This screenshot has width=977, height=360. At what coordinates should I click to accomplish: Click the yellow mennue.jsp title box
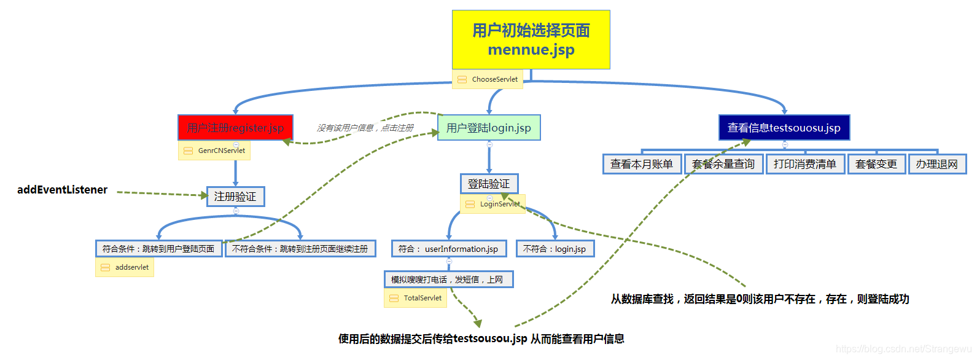[531, 39]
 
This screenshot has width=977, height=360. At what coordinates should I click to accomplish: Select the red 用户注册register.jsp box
[235, 128]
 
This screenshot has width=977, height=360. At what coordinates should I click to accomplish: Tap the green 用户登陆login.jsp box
[489, 128]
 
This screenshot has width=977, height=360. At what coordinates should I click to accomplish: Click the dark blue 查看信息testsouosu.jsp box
[784, 128]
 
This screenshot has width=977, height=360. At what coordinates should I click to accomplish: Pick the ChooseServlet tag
[488, 79]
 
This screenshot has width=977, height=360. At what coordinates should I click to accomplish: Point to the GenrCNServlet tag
[214, 151]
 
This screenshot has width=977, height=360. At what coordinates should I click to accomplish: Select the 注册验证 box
[235, 197]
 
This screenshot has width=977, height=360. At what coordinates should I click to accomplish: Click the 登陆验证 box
[489, 184]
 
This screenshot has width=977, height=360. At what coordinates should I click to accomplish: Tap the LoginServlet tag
[493, 204]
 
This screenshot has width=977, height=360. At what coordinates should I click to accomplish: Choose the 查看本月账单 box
[642, 164]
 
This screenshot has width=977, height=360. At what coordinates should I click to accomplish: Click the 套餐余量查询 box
[723, 164]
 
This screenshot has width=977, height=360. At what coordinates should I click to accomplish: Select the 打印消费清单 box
[805, 164]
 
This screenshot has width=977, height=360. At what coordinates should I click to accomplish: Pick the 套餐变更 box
[876, 164]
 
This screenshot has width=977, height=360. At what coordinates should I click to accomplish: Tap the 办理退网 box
[937, 164]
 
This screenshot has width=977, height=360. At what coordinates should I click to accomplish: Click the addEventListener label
[62, 190]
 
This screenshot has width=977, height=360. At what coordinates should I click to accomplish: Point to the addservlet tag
[125, 267]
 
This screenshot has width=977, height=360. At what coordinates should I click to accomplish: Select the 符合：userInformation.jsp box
[449, 249]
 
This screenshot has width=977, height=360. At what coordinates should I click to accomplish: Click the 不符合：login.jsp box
[555, 249]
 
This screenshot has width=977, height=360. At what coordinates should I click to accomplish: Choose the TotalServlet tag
[416, 298]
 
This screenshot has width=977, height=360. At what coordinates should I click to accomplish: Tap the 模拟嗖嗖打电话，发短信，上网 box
[448, 280]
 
